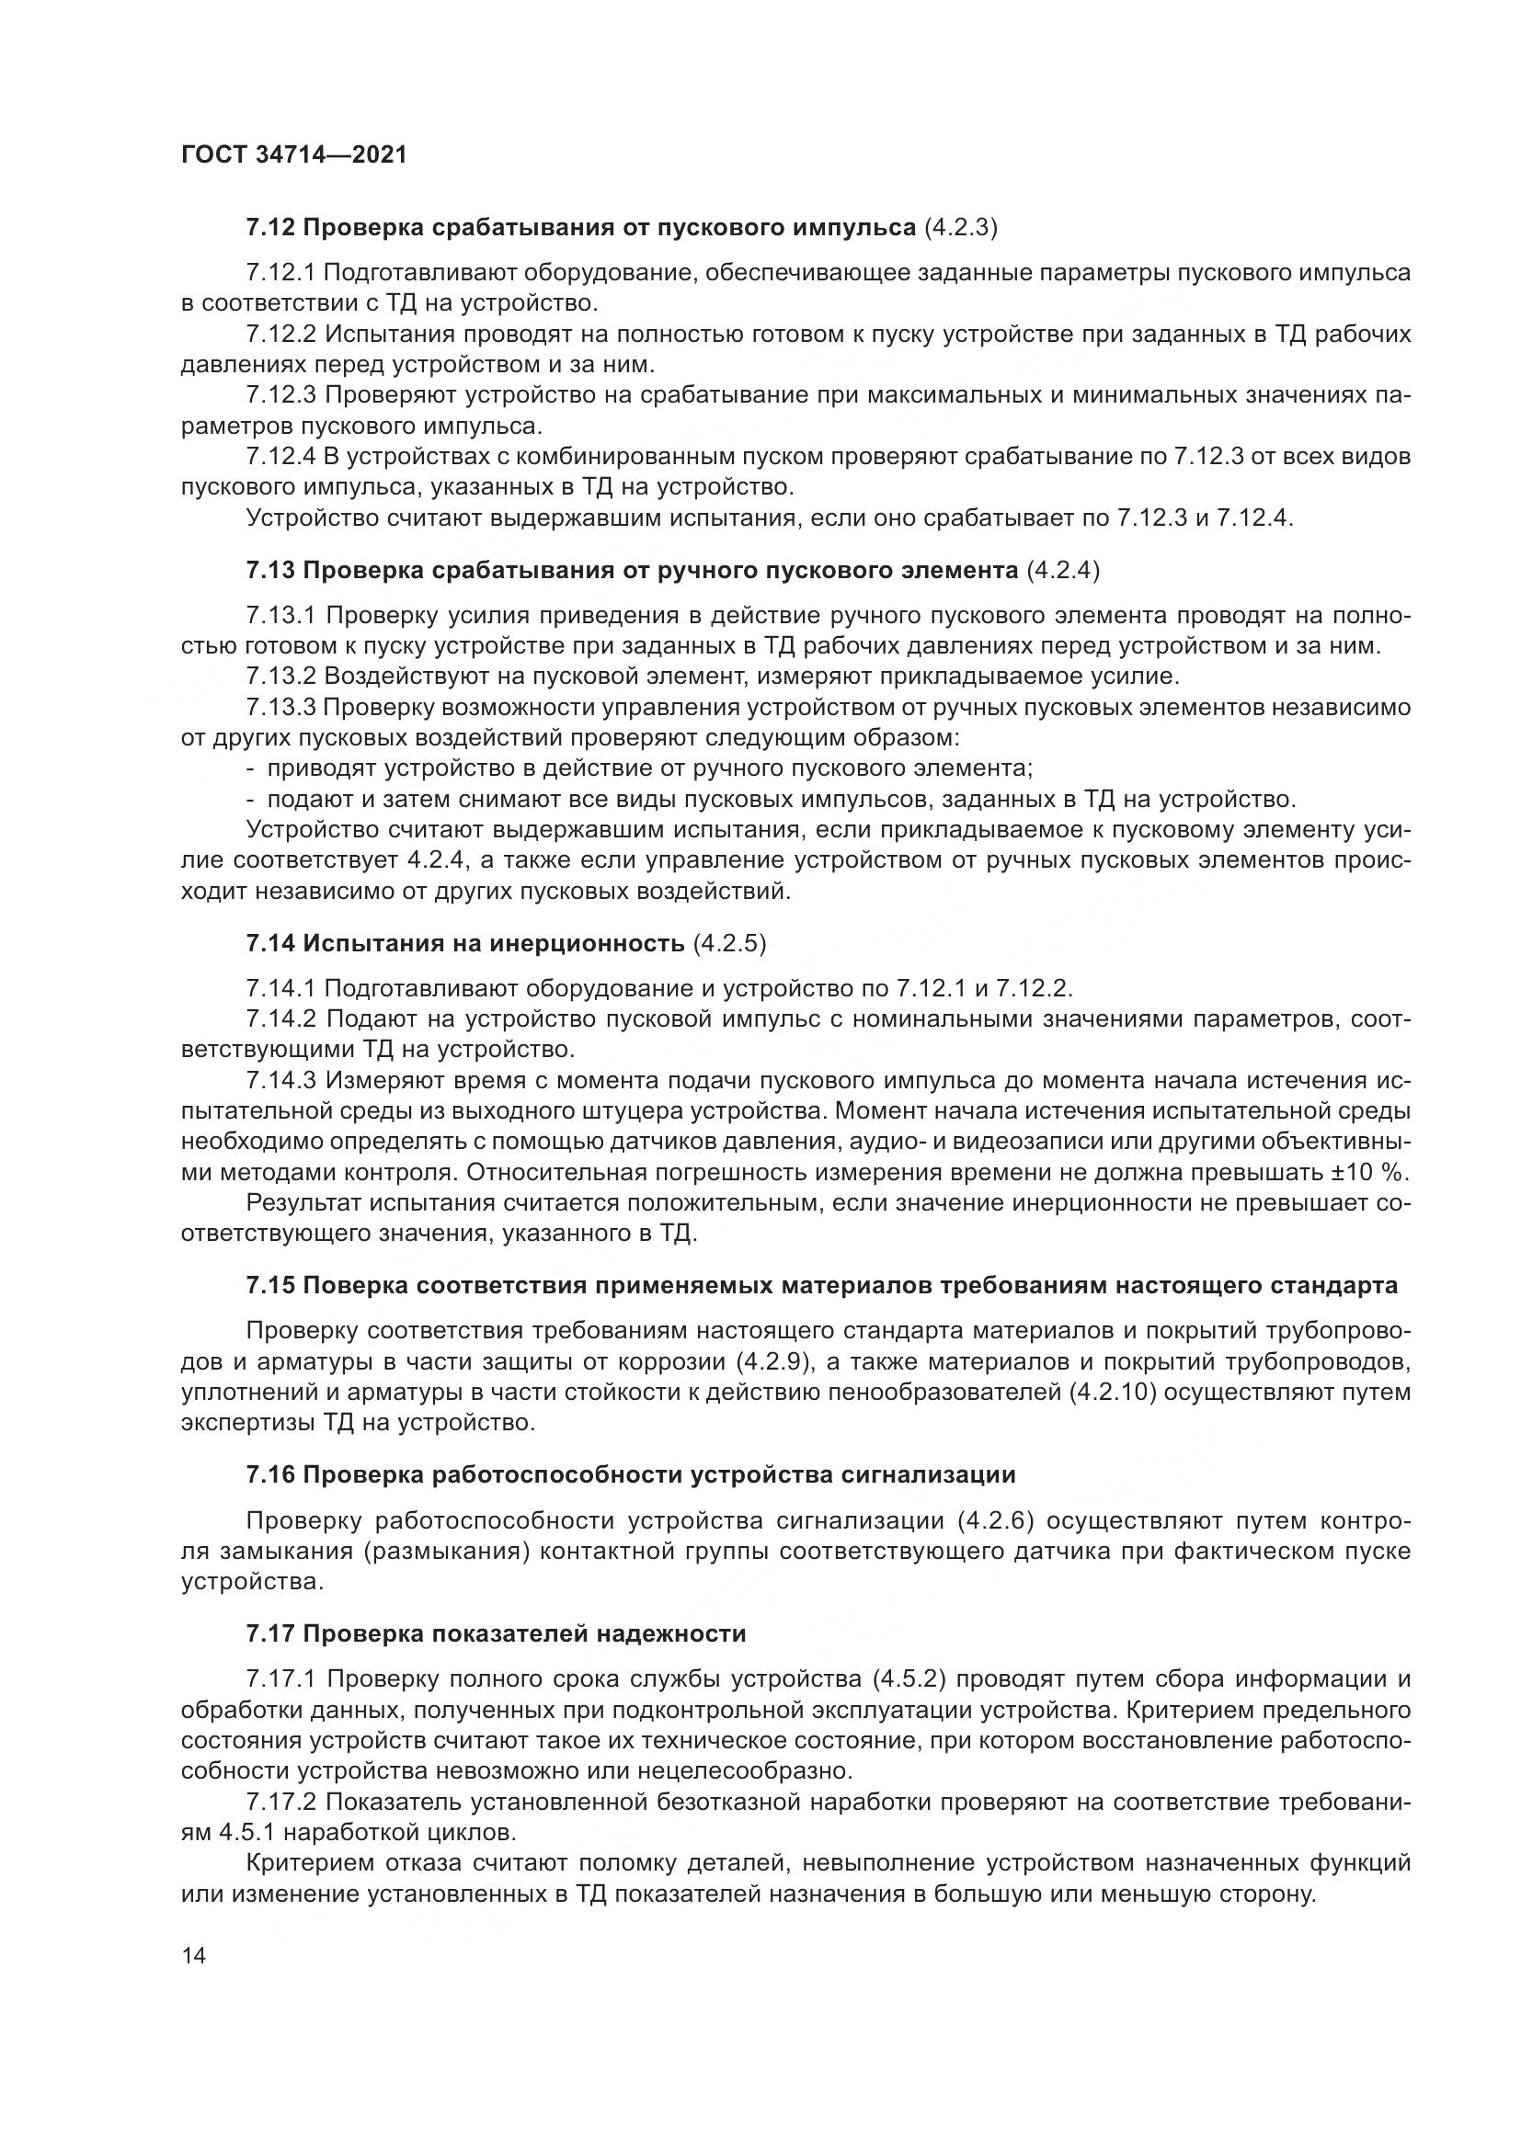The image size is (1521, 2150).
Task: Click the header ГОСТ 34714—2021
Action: (x=293, y=155)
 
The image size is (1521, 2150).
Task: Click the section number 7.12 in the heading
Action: (x=270, y=228)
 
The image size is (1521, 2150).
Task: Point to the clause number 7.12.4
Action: (x=282, y=457)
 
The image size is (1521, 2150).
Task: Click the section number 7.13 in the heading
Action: (x=270, y=570)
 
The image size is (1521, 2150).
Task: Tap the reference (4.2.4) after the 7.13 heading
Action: (x=1063, y=570)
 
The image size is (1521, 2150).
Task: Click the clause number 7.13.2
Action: (x=282, y=677)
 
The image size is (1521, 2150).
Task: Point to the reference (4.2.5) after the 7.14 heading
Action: (x=729, y=943)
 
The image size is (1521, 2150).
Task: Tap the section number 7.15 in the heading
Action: (x=270, y=1286)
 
